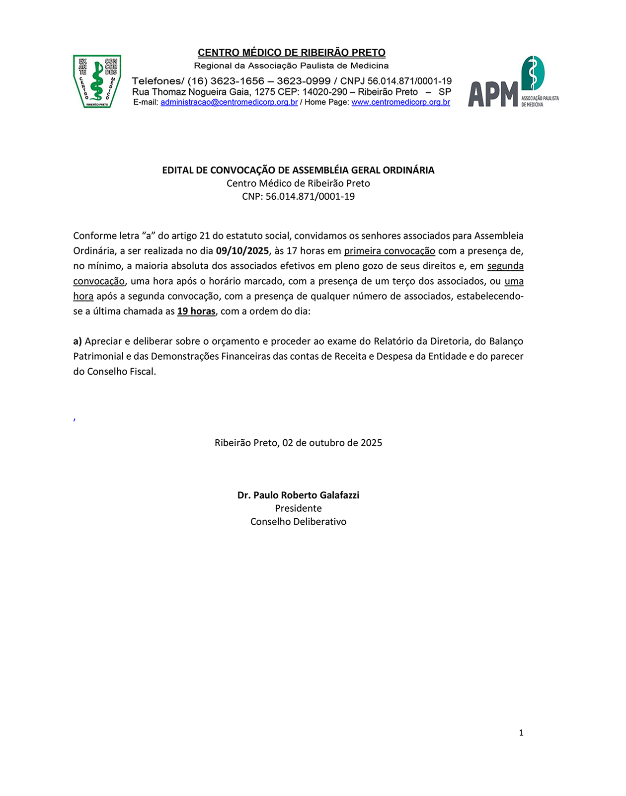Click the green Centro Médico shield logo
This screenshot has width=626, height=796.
tap(97, 81)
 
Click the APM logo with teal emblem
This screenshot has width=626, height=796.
tap(513, 82)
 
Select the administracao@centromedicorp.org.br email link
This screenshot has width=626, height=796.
tap(229, 102)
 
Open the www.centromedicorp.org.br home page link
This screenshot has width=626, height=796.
tap(400, 102)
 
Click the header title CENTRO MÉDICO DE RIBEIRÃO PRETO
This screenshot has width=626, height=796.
tap(292, 53)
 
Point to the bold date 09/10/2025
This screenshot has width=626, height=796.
tap(242, 251)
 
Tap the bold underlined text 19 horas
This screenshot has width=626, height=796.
tap(196, 312)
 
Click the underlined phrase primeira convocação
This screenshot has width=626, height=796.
tap(390, 251)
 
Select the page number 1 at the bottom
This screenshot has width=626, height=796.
tap(521, 733)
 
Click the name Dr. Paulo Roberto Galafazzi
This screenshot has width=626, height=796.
tap(298, 495)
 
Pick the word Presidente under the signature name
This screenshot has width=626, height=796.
tap(298, 508)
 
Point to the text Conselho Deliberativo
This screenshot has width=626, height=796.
tap(298, 522)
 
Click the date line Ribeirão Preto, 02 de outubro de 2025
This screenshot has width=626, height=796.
tap(298, 443)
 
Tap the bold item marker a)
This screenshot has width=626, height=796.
tap(78, 341)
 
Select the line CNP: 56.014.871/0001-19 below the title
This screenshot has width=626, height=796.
tap(298, 196)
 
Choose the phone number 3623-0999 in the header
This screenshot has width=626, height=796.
tap(304, 81)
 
